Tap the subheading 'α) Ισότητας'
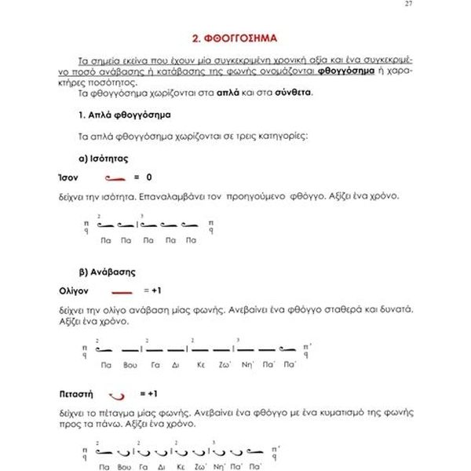[102, 157]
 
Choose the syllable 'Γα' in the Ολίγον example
[155, 364]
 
